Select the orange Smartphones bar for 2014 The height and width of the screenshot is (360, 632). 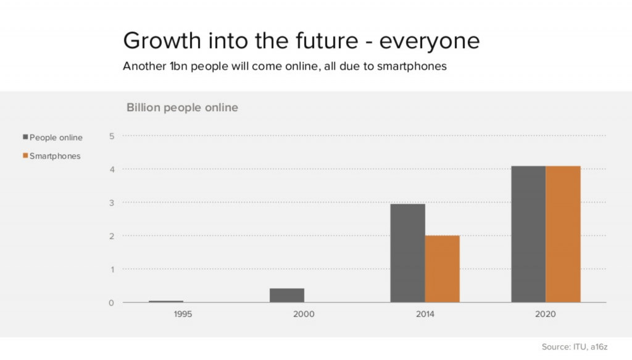point(442,269)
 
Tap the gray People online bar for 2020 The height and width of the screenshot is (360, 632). point(528,235)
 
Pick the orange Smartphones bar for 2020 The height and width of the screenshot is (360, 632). point(563,235)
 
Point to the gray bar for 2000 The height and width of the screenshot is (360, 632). point(287,296)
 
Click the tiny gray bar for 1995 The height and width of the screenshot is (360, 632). point(166,301)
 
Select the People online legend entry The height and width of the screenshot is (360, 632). point(52,137)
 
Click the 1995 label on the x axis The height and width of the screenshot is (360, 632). point(183,314)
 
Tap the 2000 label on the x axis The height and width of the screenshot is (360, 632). point(304,314)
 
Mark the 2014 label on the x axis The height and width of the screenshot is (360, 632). point(425,314)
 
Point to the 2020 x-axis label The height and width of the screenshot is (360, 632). point(546,314)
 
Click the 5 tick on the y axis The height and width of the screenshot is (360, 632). point(112,136)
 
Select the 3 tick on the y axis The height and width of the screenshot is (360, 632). point(112,203)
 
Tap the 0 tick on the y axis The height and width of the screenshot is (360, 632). point(112,303)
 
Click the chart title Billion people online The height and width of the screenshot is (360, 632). point(182,107)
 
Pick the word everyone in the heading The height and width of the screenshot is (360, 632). point(430,41)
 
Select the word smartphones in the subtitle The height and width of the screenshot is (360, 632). point(414,66)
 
